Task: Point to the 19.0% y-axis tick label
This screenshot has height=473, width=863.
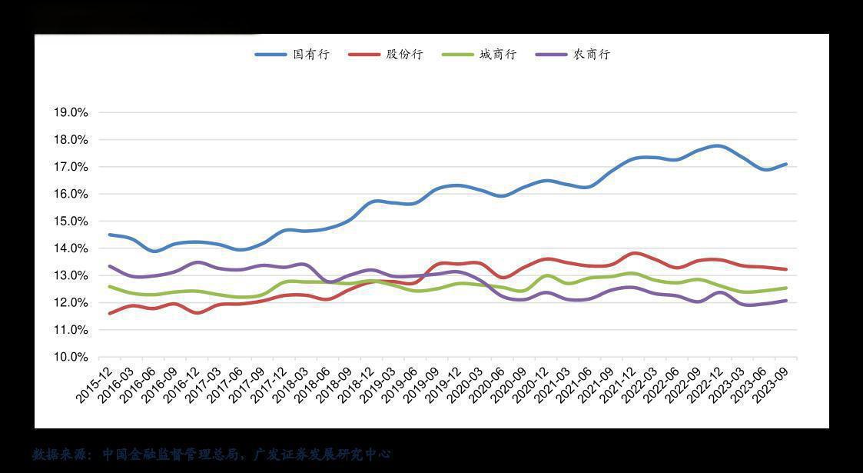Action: (71, 112)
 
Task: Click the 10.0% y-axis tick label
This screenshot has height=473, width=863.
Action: (71, 357)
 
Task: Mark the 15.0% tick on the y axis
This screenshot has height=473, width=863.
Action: (71, 222)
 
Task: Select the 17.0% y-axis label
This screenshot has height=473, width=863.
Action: (71, 167)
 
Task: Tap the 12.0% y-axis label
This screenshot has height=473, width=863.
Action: (71, 303)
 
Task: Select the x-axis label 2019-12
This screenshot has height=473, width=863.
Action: (445, 384)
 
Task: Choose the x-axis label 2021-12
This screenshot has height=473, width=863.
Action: (619, 384)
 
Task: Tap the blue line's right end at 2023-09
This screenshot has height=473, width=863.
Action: (785, 164)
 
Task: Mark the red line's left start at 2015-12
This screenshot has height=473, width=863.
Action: (110, 313)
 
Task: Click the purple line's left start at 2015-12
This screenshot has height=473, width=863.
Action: (110, 266)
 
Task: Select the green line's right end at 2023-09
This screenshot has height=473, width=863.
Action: (785, 288)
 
